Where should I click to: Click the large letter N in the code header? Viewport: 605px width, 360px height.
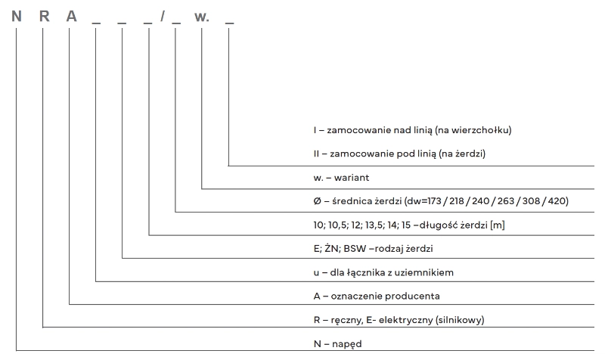[x=17, y=15]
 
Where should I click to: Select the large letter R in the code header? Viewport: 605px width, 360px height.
[x=44, y=15]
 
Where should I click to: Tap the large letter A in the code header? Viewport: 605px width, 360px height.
[x=70, y=15]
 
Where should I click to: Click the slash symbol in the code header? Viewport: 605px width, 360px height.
[x=163, y=16]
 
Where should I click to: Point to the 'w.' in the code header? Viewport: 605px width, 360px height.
[x=202, y=16]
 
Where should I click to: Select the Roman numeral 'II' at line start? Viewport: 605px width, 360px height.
[x=316, y=154]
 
